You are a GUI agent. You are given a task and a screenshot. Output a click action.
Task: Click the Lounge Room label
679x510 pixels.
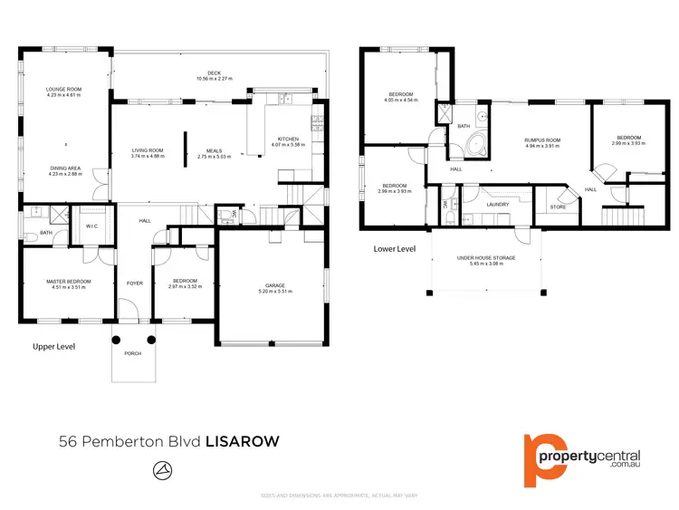tap(64, 89)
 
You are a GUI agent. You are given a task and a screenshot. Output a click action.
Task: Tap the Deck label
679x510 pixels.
tap(215, 74)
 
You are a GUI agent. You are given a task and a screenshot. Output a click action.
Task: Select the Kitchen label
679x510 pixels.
tap(289, 139)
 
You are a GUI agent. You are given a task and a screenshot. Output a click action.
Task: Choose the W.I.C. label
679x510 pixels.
tap(92, 226)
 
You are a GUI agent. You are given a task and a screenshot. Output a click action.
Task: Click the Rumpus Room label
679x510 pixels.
tap(542, 140)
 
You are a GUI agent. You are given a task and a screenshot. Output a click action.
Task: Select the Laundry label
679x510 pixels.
tap(497, 204)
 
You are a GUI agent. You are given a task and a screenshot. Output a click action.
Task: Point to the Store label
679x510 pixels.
tap(558, 207)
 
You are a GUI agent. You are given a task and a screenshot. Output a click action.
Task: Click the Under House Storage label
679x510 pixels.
tap(485, 258)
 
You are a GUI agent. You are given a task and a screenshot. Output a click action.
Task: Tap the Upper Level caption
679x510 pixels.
tap(53, 346)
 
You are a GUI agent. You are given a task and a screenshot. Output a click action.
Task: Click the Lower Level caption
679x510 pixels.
tap(394, 248)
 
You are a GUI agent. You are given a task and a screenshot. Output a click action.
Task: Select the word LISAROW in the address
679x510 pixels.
tap(243, 441)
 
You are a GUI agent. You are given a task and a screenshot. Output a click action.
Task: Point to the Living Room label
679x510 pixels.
tap(147, 151)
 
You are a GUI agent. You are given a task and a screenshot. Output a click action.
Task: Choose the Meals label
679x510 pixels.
tap(215, 151)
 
